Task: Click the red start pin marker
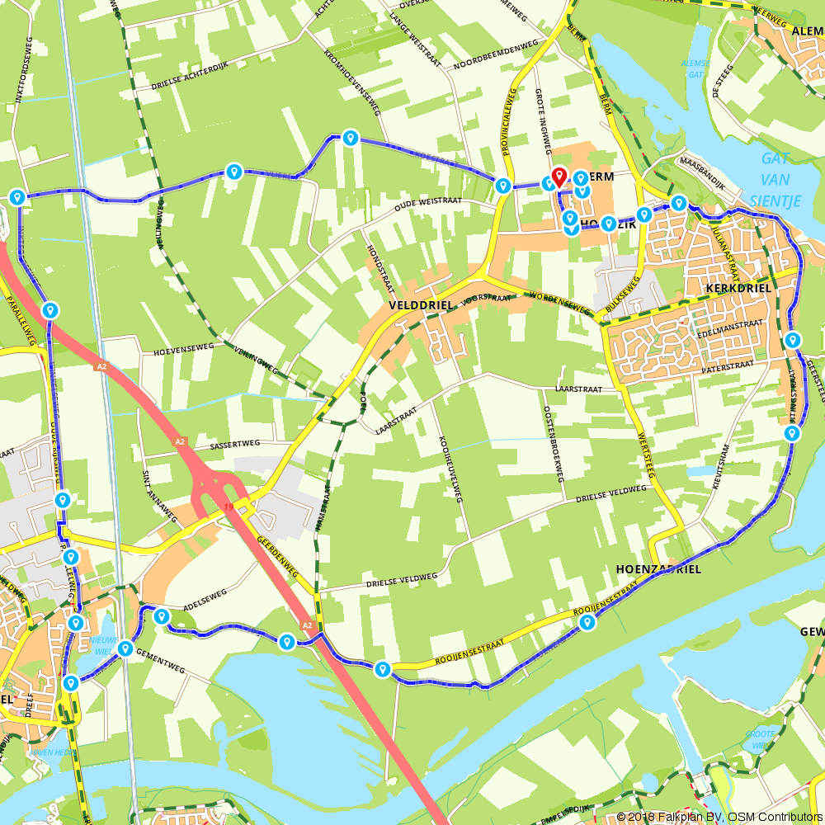pyautogui.click(x=559, y=177)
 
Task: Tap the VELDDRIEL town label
pyautogui.click(x=420, y=304)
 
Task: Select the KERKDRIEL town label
pyautogui.click(x=738, y=288)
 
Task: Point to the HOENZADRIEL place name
pyautogui.click(x=658, y=569)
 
